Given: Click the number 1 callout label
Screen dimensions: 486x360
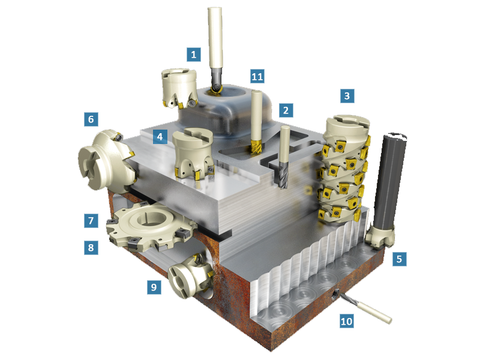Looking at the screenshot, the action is [x=194, y=55].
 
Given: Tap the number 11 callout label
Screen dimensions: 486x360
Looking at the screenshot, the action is [x=257, y=76].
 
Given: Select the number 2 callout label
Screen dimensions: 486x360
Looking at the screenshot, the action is [x=286, y=110].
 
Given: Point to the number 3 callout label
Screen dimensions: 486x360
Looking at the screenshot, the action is [x=347, y=96].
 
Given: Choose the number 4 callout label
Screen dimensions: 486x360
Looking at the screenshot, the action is [x=160, y=137].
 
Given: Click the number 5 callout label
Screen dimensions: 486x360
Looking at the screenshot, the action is [x=399, y=259].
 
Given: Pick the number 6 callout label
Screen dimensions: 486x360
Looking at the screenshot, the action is [x=91, y=119].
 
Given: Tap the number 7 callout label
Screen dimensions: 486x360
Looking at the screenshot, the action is [x=91, y=220].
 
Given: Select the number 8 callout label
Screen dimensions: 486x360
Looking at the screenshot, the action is [x=91, y=248].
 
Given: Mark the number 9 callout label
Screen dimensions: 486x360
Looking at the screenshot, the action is [x=154, y=287].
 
